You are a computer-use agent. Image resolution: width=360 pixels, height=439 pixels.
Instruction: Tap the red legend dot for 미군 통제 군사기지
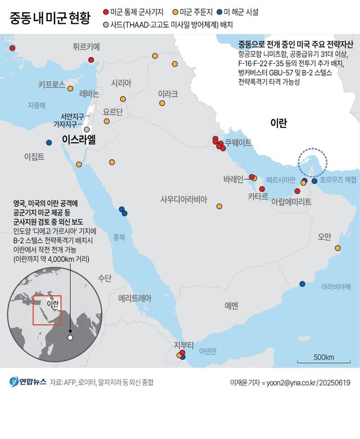point(107,12)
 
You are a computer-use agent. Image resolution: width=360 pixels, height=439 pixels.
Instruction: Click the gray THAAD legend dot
point(107,25)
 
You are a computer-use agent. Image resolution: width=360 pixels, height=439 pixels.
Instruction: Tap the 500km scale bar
point(323,362)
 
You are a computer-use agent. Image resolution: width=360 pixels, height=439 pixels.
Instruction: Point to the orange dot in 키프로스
point(70,88)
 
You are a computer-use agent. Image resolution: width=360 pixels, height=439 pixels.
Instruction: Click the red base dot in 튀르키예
point(91,60)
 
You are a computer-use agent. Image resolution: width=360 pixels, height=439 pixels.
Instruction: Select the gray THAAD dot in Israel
point(87,129)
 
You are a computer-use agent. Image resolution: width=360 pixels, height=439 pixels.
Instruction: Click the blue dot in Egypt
point(49,142)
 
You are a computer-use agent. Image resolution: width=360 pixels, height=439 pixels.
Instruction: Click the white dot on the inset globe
point(70,338)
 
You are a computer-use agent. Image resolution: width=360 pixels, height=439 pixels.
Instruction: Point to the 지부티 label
point(183,344)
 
